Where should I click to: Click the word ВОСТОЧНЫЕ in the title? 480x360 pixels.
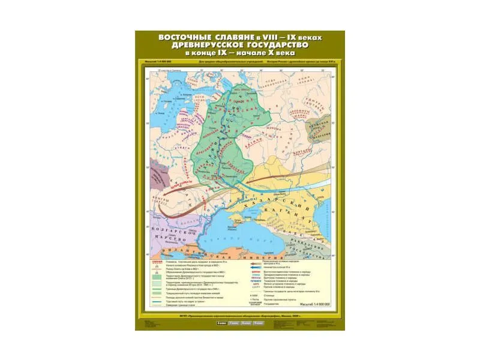179,37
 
